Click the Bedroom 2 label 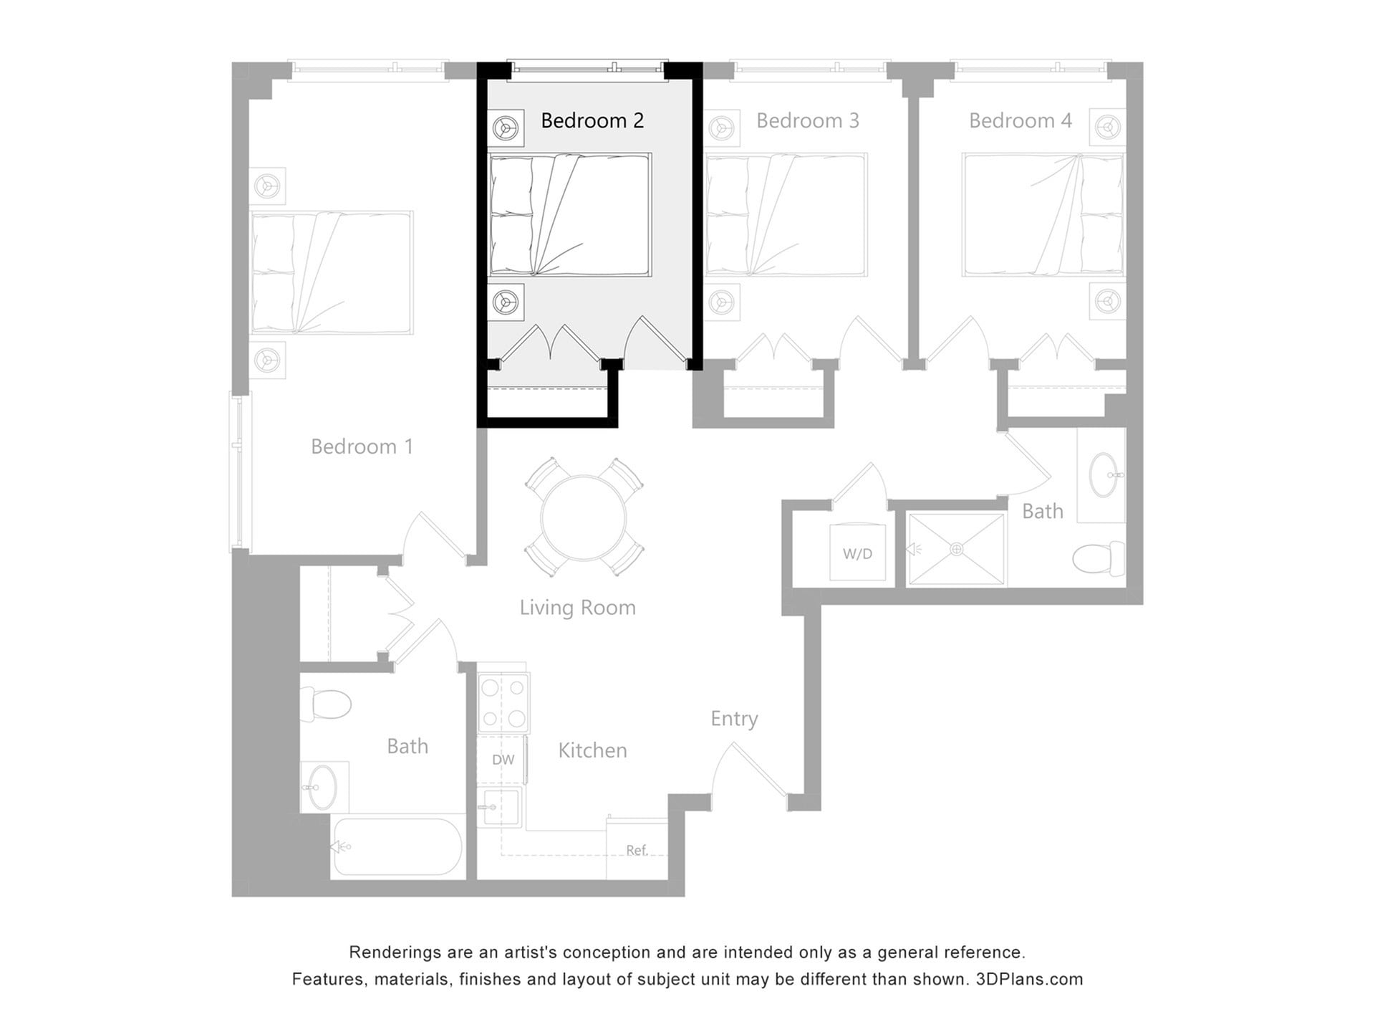pyautogui.click(x=592, y=120)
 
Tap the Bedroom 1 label pyautogui.click(x=362, y=446)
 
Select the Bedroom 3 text pyautogui.click(x=807, y=120)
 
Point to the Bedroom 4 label pyautogui.click(x=1020, y=120)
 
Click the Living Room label pyautogui.click(x=577, y=608)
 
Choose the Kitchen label pyautogui.click(x=592, y=750)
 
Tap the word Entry pyautogui.click(x=734, y=718)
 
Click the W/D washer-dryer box pyautogui.click(x=857, y=553)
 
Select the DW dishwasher pyautogui.click(x=503, y=760)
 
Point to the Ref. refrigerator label pyautogui.click(x=637, y=850)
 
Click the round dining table pyautogui.click(x=584, y=517)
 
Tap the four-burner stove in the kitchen pyautogui.click(x=503, y=702)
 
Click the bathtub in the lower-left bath pyautogui.click(x=398, y=846)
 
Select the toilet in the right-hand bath pyautogui.click(x=1099, y=558)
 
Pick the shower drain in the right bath pyautogui.click(x=957, y=550)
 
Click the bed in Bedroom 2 pyautogui.click(x=569, y=214)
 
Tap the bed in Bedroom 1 pyautogui.click(x=332, y=272)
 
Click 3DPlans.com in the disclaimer pyautogui.click(x=1029, y=979)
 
